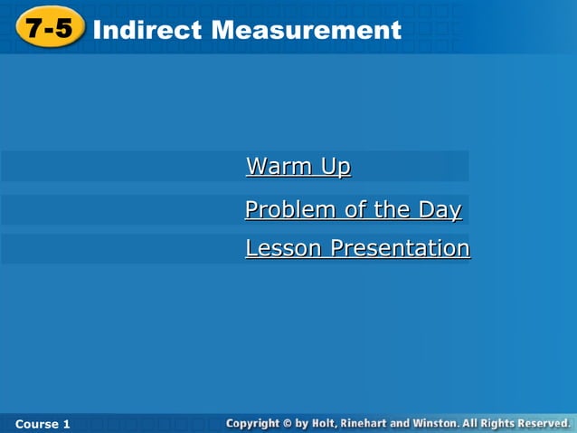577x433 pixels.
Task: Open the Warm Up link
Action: click(x=298, y=167)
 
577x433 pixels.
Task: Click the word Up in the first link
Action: click(x=335, y=167)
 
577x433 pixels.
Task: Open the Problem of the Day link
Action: click(x=353, y=210)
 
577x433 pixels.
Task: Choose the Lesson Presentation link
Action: click(x=357, y=248)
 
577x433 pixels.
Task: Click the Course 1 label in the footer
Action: click(x=43, y=424)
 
